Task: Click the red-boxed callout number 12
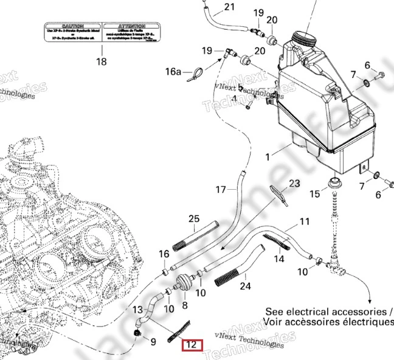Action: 191,345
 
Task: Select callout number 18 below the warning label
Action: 101,61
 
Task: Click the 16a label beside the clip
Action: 174,72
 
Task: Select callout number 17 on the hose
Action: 221,190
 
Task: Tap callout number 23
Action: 294,183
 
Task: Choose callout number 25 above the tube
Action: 194,219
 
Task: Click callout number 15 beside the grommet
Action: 314,194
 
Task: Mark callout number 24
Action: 246,285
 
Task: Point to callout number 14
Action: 278,259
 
